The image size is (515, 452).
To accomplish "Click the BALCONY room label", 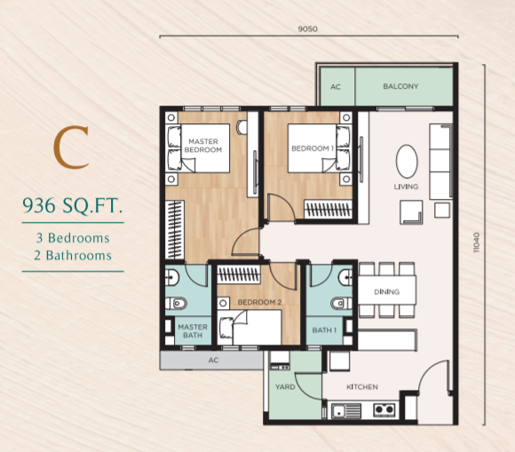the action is (400, 86).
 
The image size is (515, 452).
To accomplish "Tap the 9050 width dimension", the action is (308, 29).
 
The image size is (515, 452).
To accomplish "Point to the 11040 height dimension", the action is (477, 242).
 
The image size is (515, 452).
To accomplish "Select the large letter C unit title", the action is (71, 147).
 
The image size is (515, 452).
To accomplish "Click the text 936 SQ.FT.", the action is (73, 206).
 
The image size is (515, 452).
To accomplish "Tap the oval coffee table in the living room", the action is (407, 162).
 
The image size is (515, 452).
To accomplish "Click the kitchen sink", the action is (346, 410).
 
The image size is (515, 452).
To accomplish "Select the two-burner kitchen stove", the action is (384, 409).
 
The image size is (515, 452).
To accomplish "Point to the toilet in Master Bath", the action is (176, 304).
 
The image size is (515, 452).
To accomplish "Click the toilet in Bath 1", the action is (342, 304).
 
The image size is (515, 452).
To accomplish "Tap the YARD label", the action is (285, 387).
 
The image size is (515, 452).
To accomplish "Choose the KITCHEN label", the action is (362, 387).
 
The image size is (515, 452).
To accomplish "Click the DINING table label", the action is (386, 291).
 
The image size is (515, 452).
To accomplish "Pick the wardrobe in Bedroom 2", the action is (239, 274).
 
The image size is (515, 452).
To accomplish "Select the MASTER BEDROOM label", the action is (203, 146).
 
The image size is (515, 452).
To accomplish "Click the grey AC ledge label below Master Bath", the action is (213, 361).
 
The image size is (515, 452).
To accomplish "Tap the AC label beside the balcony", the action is (336, 87).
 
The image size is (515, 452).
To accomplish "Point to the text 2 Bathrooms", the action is (73, 256).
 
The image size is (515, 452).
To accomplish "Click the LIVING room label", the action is (406, 186).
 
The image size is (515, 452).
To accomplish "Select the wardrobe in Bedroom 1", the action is (329, 209).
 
